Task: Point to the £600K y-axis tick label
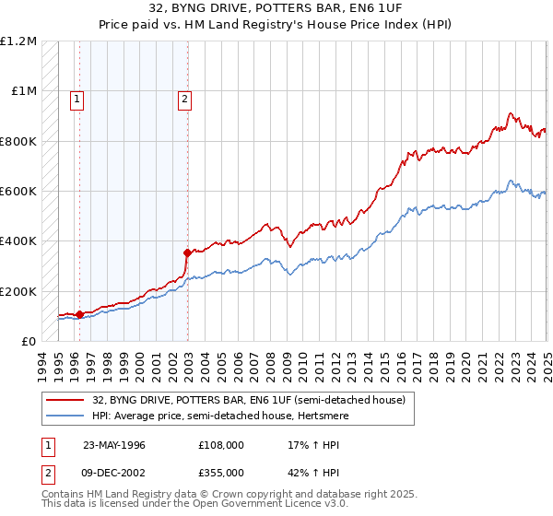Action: tap(18, 192)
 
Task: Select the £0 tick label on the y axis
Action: tap(28, 341)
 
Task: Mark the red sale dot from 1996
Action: tap(79, 314)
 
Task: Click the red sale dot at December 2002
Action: tap(187, 252)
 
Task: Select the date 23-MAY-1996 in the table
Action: tap(114, 445)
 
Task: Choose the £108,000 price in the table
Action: tap(220, 445)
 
